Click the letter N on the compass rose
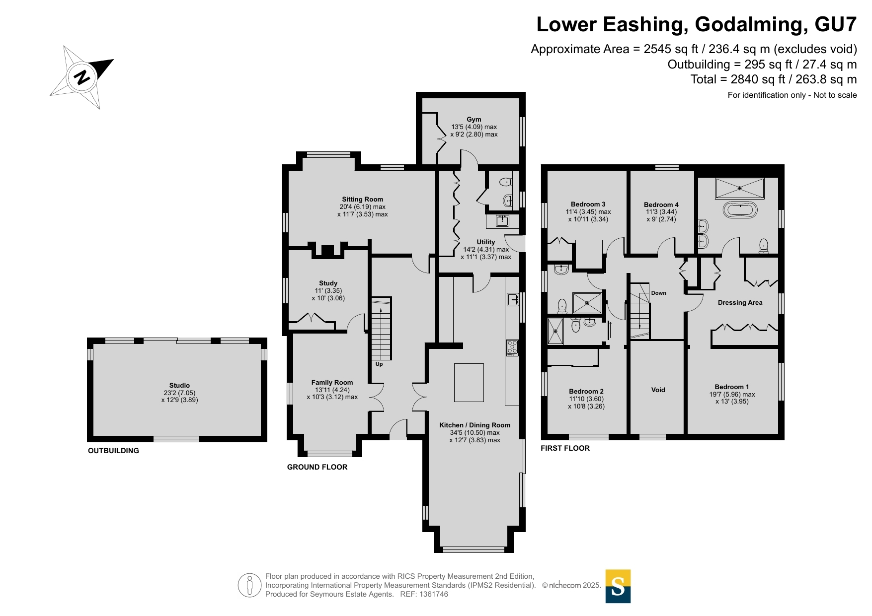[x=82, y=77]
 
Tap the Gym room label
[x=474, y=119]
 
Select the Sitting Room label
[x=362, y=199]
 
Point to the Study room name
[x=328, y=283]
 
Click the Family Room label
[x=332, y=382]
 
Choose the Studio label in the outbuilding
[x=179, y=385]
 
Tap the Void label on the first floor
[x=658, y=390]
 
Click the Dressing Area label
[x=740, y=302]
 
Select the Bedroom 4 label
[x=661, y=205]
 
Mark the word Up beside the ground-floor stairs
[x=379, y=364]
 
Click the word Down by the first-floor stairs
[x=659, y=293]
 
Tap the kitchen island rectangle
[x=469, y=383]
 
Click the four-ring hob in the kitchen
[x=512, y=347]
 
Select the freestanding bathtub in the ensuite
[x=740, y=210]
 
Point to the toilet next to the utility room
[x=505, y=182]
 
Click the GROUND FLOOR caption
[x=317, y=467]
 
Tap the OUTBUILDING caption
[x=113, y=451]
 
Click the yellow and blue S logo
[x=618, y=586]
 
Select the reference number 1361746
[x=434, y=594]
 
